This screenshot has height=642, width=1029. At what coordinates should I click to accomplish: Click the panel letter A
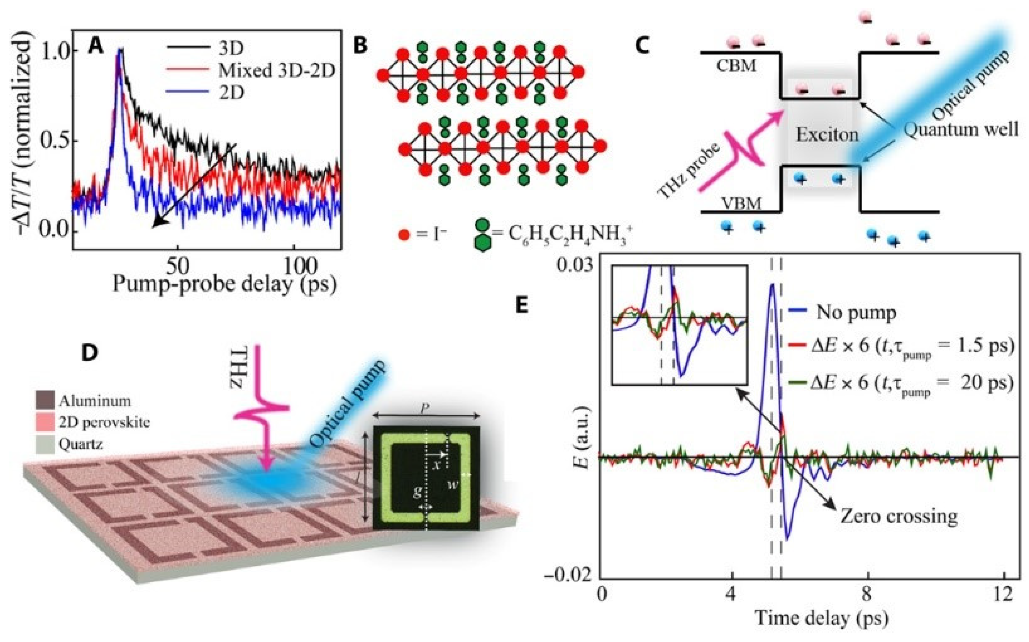96,46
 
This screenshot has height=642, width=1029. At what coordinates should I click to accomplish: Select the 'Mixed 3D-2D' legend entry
276,70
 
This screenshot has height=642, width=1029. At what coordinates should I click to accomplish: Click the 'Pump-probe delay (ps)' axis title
225,284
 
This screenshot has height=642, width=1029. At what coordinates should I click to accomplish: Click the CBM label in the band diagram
736,66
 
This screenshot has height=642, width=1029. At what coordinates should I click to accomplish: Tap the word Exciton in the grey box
827,135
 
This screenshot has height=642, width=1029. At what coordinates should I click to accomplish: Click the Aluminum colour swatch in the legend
45,400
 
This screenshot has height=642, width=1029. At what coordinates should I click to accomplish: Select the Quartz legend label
81,444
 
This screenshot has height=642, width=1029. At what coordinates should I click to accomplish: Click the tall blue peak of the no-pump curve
772,285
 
